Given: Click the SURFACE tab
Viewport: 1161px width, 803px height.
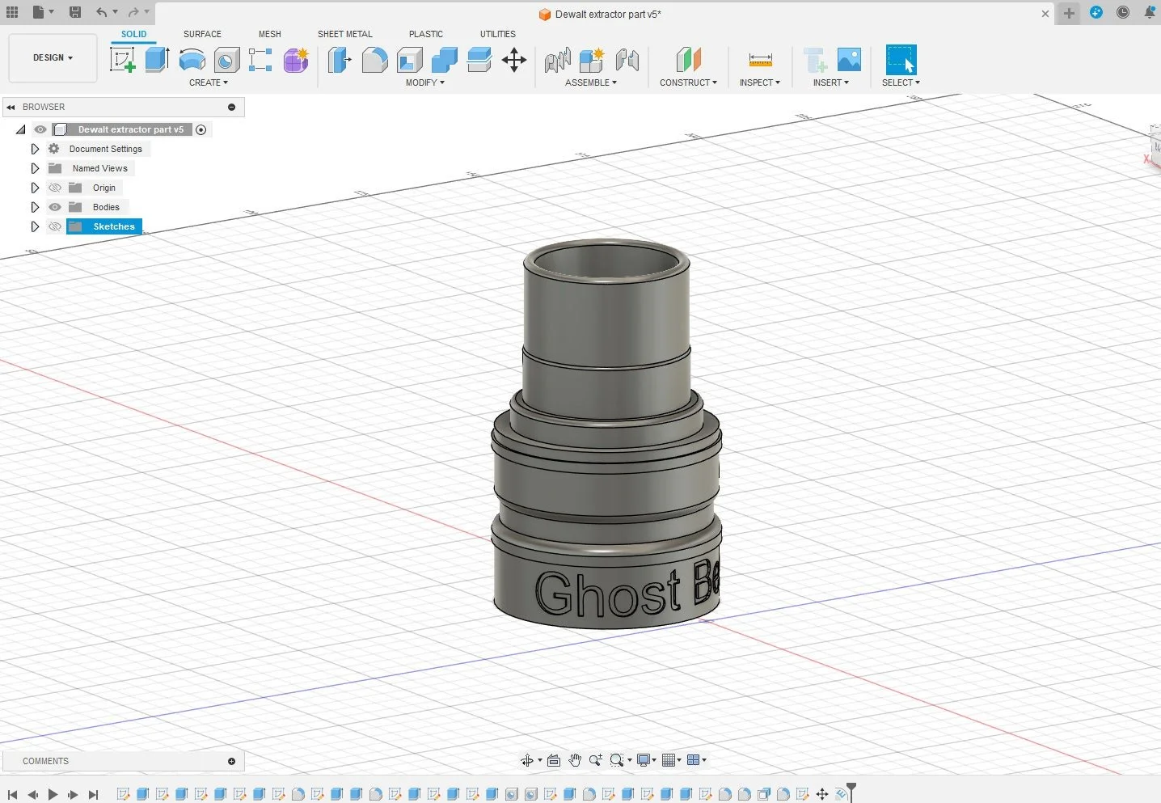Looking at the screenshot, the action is click(202, 34).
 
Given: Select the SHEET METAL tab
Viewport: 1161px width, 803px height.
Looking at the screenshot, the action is click(344, 34).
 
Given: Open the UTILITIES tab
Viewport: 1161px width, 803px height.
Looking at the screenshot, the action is click(497, 34).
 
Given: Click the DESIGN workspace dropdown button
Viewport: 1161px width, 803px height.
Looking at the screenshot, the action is click(53, 57).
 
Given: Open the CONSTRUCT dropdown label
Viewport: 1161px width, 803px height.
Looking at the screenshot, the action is click(688, 82).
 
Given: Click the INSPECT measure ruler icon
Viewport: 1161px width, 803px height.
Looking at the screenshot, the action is click(760, 60).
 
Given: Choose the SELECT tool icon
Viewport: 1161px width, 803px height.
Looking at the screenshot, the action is click(901, 60).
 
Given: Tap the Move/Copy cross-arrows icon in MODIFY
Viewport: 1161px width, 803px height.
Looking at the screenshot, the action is click(514, 60).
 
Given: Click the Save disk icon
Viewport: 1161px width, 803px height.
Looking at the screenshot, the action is click(75, 12).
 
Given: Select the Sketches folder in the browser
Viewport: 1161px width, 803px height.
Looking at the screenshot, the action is click(113, 226).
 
